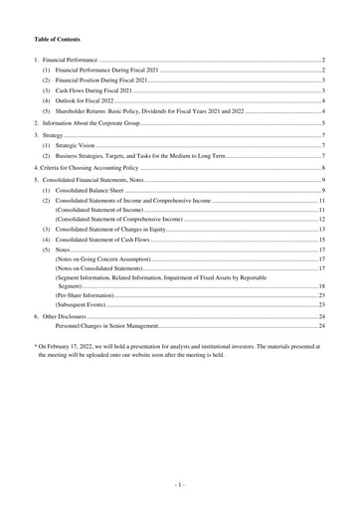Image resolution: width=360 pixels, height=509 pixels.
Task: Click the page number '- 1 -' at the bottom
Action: tap(180, 486)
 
